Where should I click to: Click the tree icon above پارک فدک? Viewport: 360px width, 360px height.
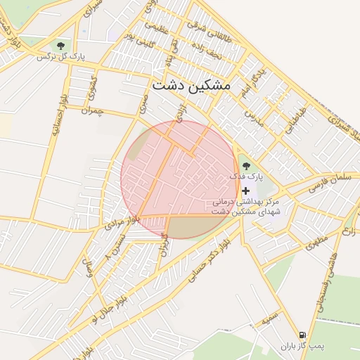(x=245, y=166)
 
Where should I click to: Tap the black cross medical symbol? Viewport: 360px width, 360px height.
(x=245, y=191)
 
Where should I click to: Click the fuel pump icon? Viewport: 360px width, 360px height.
(x=302, y=335)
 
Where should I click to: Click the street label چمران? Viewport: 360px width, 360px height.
(x=92, y=110)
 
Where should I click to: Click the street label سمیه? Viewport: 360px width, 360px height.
(x=270, y=321)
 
